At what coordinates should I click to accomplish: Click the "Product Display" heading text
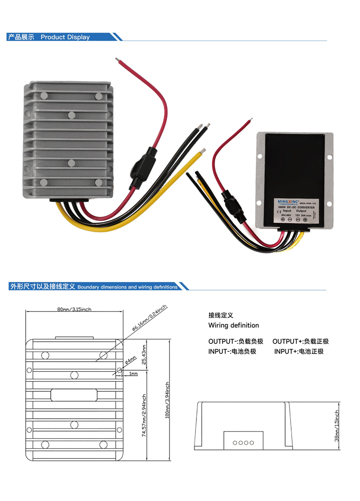[x=65, y=37]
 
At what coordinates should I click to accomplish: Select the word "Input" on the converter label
[x=287, y=211]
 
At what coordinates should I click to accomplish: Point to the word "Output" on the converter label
[x=302, y=211]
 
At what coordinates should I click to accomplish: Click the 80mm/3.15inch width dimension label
[x=74, y=309]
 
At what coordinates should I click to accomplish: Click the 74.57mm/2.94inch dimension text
[x=144, y=415]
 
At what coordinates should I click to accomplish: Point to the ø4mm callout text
[x=130, y=361]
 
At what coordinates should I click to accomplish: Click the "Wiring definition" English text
[x=233, y=325]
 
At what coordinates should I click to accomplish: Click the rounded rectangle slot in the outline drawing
[x=74, y=395]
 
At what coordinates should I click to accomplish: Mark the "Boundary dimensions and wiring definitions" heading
[x=128, y=287]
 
